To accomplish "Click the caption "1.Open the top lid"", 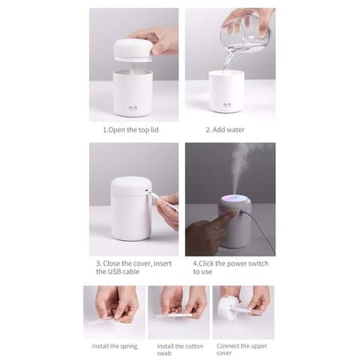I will coord(132,130).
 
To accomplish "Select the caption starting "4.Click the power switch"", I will coord(227,267).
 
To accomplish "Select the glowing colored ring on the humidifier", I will coord(235,201).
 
